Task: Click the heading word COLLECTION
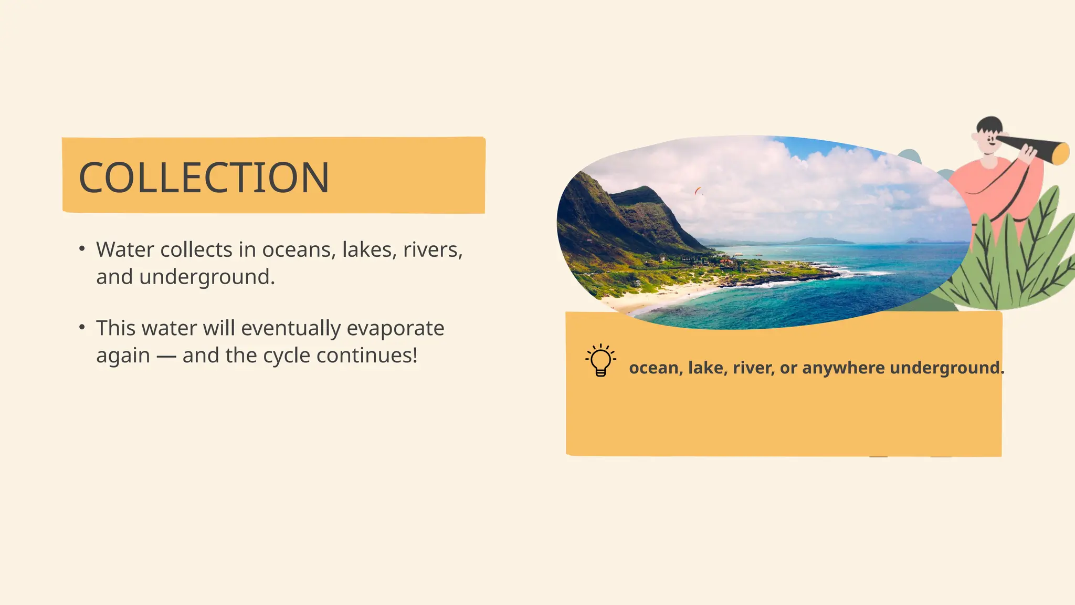tap(204, 178)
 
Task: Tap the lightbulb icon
tap(600, 360)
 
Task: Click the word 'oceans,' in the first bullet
tap(298, 250)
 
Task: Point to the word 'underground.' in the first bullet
tap(207, 277)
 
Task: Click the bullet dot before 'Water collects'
tap(82, 248)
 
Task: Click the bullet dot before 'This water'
tap(82, 327)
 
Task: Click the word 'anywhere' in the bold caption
tap(843, 368)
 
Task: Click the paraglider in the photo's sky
tap(698, 191)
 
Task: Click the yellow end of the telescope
tap(1061, 153)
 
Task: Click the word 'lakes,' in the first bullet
tap(370, 250)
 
